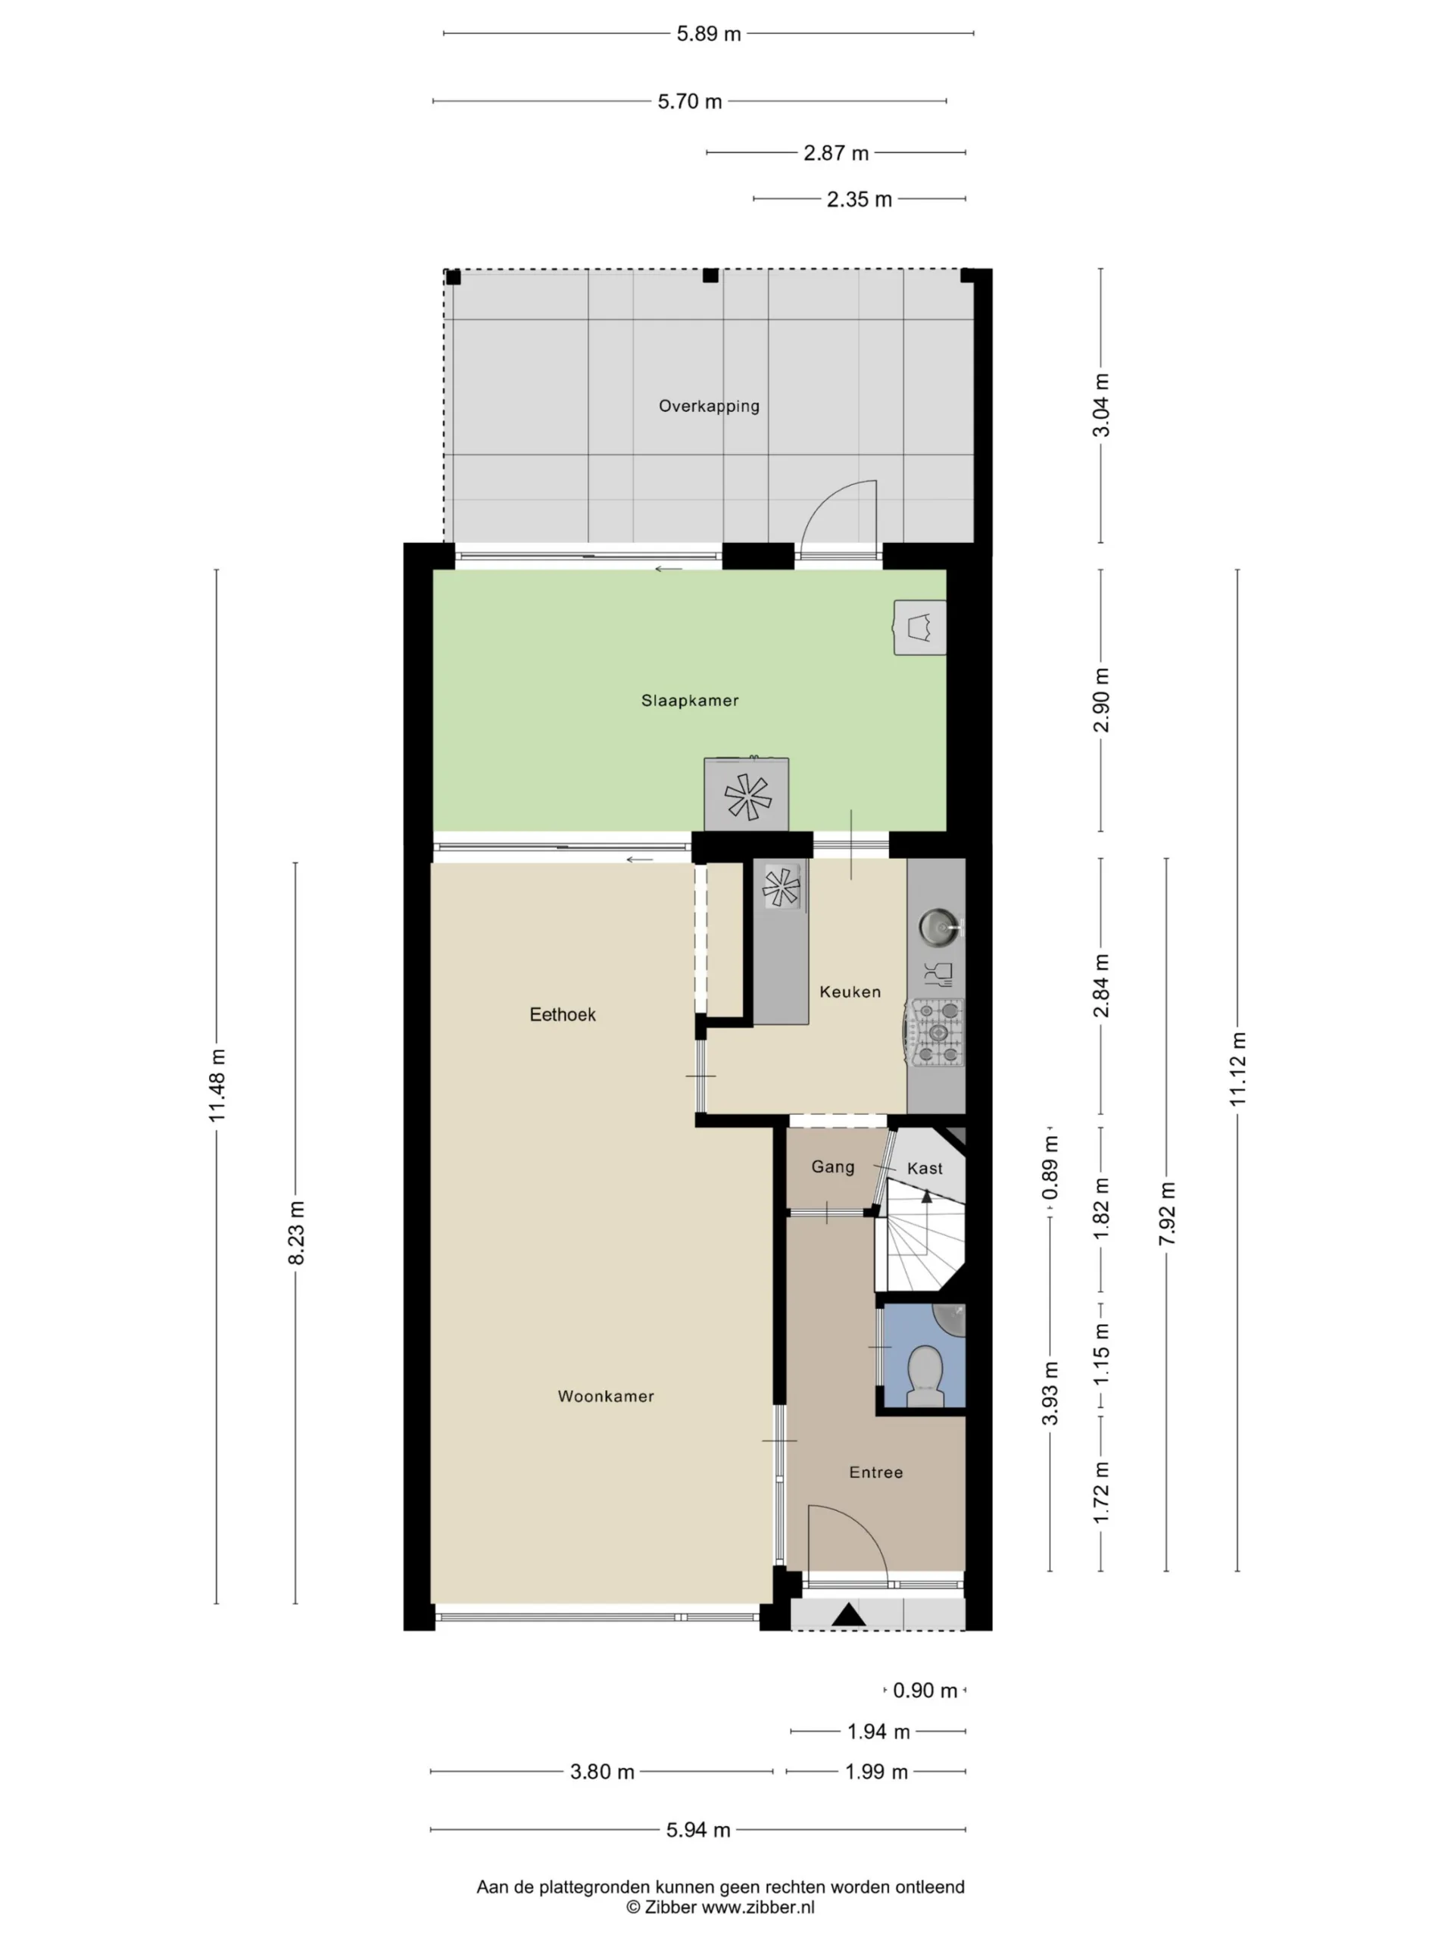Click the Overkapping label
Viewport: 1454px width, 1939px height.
[x=709, y=406]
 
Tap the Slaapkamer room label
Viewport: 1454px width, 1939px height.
[x=690, y=701]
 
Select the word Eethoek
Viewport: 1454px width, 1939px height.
[x=563, y=1014]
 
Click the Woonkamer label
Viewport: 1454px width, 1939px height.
[x=606, y=1397]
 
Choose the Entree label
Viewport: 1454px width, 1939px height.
[x=875, y=1472]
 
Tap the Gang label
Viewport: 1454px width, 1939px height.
[x=832, y=1166]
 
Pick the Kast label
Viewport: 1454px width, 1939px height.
[x=925, y=1169]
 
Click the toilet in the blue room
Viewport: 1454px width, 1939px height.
[x=924, y=1377]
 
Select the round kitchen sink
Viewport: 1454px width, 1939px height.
[x=940, y=927]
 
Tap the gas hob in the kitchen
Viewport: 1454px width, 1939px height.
[x=936, y=1033]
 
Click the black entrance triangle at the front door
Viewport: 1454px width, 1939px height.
[x=848, y=1615]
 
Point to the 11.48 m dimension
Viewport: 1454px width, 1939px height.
[x=217, y=1085]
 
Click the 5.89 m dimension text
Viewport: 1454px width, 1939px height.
[x=708, y=34]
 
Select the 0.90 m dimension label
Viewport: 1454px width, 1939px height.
[x=925, y=1690]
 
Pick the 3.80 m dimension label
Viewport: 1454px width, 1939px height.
[x=602, y=1772]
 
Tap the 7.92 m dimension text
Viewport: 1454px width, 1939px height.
[x=1166, y=1214]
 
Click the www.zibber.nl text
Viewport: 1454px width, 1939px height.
[x=758, y=1906]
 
